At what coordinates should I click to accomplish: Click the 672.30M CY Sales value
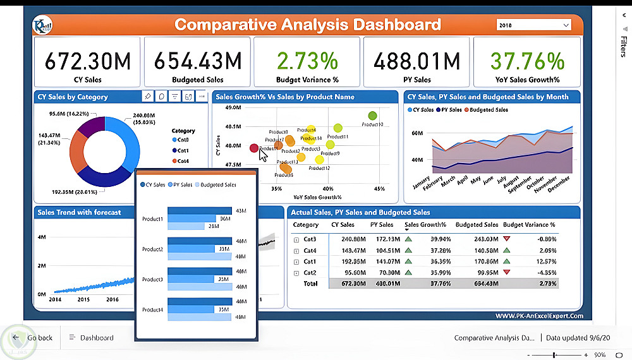[88, 61]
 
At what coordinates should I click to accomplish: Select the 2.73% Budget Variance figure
[307, 61]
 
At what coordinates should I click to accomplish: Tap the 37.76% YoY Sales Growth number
[527, 61]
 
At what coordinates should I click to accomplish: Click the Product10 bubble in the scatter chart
[372, 116]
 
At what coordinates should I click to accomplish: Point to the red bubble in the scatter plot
[254, 148]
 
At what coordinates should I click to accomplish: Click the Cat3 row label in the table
[310, 239]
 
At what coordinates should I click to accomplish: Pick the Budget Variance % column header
[529, 225]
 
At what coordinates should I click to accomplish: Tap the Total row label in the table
[310, 284]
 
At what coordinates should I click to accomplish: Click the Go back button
[33, 338]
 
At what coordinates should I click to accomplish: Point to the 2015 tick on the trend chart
[83, 299]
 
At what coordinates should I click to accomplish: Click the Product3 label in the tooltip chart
[153, 279]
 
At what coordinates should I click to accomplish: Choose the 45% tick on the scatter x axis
[379, 188]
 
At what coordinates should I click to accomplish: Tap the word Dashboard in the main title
[397, 25]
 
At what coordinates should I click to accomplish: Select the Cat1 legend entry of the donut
[183, 150]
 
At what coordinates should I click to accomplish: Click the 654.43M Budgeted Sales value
[198, 61]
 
